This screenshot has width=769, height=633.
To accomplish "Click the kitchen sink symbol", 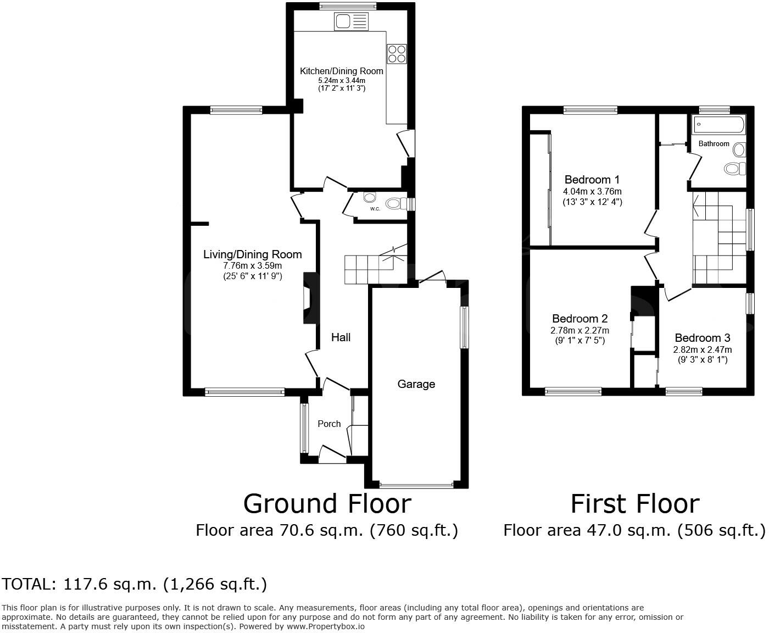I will click(x=350, y=22).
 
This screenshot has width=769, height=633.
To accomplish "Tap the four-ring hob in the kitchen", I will click(x=397, y=53).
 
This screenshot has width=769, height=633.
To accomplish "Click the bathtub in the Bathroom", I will click(x=718, y=125).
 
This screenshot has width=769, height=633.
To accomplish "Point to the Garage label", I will click(x=416, y=384).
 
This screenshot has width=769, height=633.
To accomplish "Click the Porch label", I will click(x=329, y=424).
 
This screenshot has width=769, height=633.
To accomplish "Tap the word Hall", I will click(x=341, y=337).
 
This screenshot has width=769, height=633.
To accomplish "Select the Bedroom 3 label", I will click(x=702, y=338).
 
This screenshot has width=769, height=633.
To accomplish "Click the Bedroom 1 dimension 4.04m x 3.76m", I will click(x=592, y=192).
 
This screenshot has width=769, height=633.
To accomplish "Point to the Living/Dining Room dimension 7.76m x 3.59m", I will click(x=252, y=266).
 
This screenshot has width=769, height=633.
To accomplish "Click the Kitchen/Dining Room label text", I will click(x=341, y=71).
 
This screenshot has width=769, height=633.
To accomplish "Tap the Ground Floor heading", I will click(x=327, y=503).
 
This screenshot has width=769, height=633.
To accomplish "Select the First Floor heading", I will click(x=635, y=503).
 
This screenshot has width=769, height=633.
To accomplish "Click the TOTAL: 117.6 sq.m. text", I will click(x=135, y=584).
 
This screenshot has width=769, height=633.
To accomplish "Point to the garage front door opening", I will click(x=416, y=485).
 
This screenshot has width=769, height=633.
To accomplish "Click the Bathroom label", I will click(x=714, y=144).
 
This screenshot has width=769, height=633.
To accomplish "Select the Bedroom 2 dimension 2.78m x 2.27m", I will click(x=579, y=331).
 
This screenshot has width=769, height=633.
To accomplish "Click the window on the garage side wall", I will click(x=464, y=327).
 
